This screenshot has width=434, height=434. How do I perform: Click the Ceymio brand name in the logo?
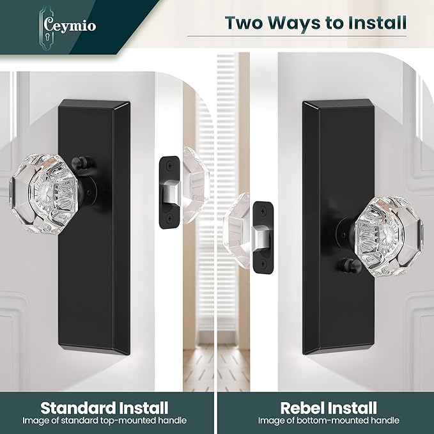tap(70, 26)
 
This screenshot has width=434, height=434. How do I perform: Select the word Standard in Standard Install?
tap(78, 408)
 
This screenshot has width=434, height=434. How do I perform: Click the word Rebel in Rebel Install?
tap(303, 408)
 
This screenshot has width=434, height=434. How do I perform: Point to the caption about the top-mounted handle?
tap(105, 421)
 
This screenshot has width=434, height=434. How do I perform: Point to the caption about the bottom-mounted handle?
tap(329, 421)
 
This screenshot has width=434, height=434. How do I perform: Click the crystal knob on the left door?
tap(44, 194)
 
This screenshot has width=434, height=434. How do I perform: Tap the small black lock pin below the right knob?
tap(349, 265)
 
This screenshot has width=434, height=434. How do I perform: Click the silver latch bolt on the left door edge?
tap(171, 191)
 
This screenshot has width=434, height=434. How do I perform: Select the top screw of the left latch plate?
tap(169, 166)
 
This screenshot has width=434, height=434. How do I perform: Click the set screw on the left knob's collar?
tap(89, 192)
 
